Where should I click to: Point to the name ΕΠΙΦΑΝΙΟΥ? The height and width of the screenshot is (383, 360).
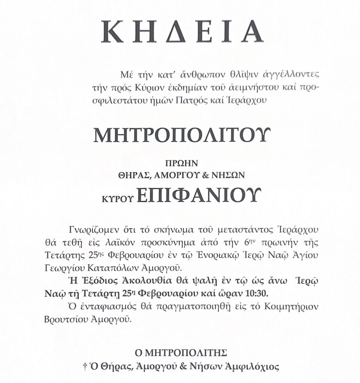click(x=197, y=194)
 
